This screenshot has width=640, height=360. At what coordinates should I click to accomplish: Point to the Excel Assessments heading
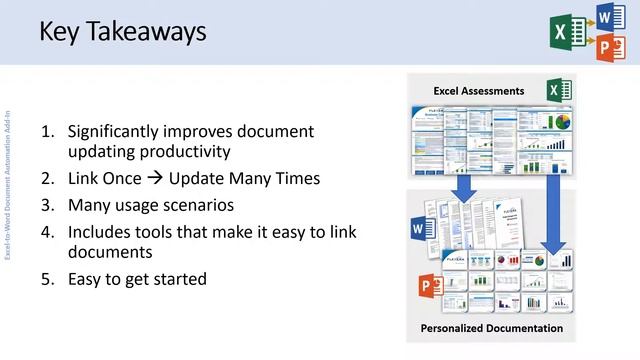[479, 91]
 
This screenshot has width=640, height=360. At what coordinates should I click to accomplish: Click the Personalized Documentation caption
[491, 327]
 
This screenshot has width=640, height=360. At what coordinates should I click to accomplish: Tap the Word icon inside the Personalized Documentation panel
[417, 231]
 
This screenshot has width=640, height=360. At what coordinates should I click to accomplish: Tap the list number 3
[46, 205]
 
